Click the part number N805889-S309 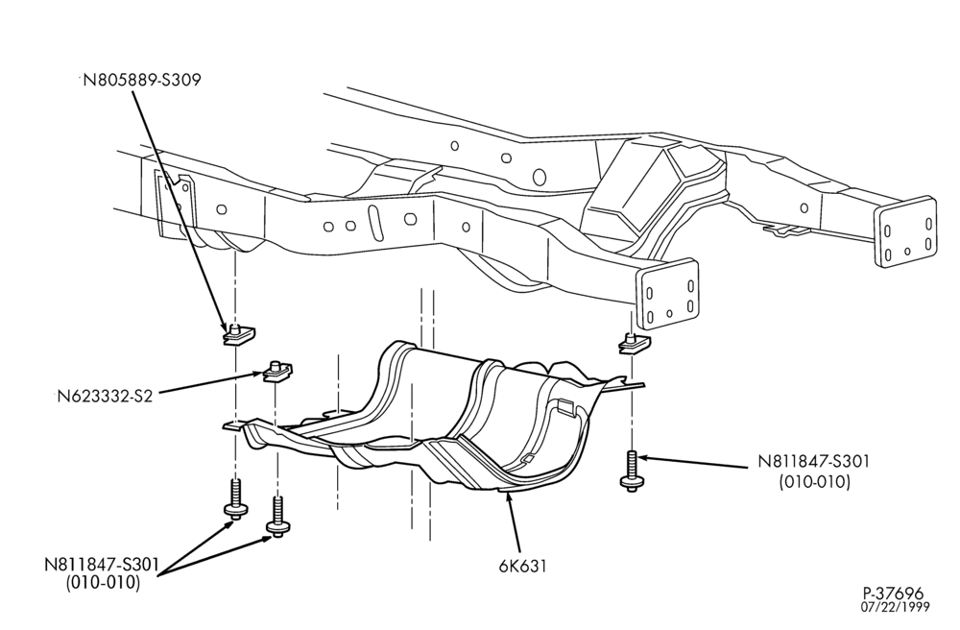[142, 81]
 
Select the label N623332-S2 [105, 396]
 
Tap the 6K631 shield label [522, 566]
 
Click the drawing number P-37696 [893, 594]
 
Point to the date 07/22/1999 [895, 607]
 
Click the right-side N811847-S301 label [814, 461]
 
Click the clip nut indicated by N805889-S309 [237, 335]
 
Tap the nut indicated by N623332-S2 [278, 372]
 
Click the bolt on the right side [632, 472]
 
